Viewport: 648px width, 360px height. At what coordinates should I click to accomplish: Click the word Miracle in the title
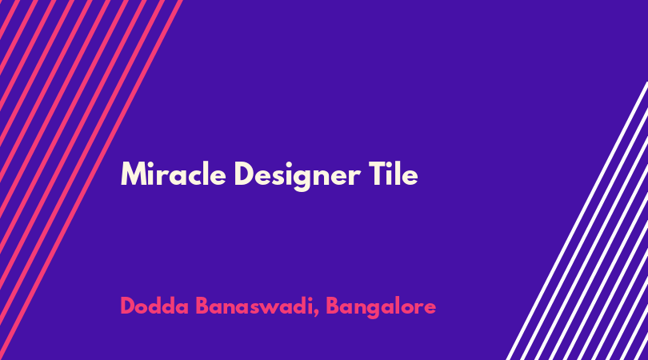pyautogui.click(x=173, y=174)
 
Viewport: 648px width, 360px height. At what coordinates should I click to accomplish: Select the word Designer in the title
pyautogui.click(x=297, y=176)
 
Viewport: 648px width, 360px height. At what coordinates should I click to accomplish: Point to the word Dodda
pyautogui.click(x=154, y=306)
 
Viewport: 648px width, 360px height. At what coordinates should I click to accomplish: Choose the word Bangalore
pyautogui.click(x=381, y=307)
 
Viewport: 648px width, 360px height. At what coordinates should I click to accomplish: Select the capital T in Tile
pyautogui.click(x=377, y=174)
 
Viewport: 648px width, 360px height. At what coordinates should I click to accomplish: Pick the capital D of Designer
pyautogui.click(x=243, y=174)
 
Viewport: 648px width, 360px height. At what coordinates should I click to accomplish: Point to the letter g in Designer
pyautogui.click(x=302, y=179)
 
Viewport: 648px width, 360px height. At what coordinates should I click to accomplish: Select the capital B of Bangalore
pyautogui.click(x=333, y=306)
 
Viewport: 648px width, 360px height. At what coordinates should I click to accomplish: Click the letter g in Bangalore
pyautogui.click(x=374, y=310)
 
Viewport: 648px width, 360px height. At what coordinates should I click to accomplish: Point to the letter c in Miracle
pyautogui.click(x=196, y=177)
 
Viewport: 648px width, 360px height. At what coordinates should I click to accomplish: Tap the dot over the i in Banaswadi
pyautogui.click(x=309, y=298)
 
